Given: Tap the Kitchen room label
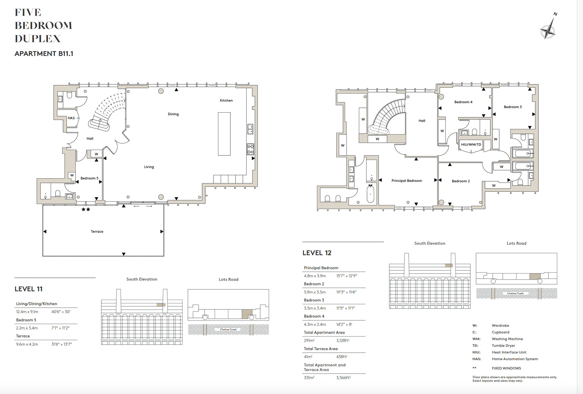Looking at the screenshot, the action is coord(226,100).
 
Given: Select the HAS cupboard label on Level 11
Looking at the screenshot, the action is coord(71,118).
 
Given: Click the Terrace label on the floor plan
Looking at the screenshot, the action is coord(97,232).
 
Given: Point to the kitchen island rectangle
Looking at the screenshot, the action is coord(224,134).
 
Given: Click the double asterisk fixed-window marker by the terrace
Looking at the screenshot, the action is coord(86,210).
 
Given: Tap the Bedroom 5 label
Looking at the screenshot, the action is coord(89,178).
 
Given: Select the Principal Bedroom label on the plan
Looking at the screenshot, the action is coord(407,181).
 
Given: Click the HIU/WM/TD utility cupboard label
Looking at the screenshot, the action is coord(471,145).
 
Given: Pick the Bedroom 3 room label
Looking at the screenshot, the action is coord(513,107).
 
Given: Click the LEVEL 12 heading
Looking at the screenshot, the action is coord(317,253).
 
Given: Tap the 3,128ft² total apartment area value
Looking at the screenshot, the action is coord(343,340).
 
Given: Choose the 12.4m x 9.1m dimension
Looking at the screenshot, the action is coord(27,312).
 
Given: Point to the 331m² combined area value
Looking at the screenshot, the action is coord(309,378).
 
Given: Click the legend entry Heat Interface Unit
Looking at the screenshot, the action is coord(509,352).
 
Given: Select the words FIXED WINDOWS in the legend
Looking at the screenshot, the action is coord(506,368).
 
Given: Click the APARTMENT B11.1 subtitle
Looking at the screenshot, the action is coord(44,54).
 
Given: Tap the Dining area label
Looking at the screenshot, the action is coord(173,114).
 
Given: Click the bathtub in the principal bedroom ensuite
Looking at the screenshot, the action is coord(370,194).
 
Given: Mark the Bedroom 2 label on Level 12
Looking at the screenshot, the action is coord(461,181).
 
